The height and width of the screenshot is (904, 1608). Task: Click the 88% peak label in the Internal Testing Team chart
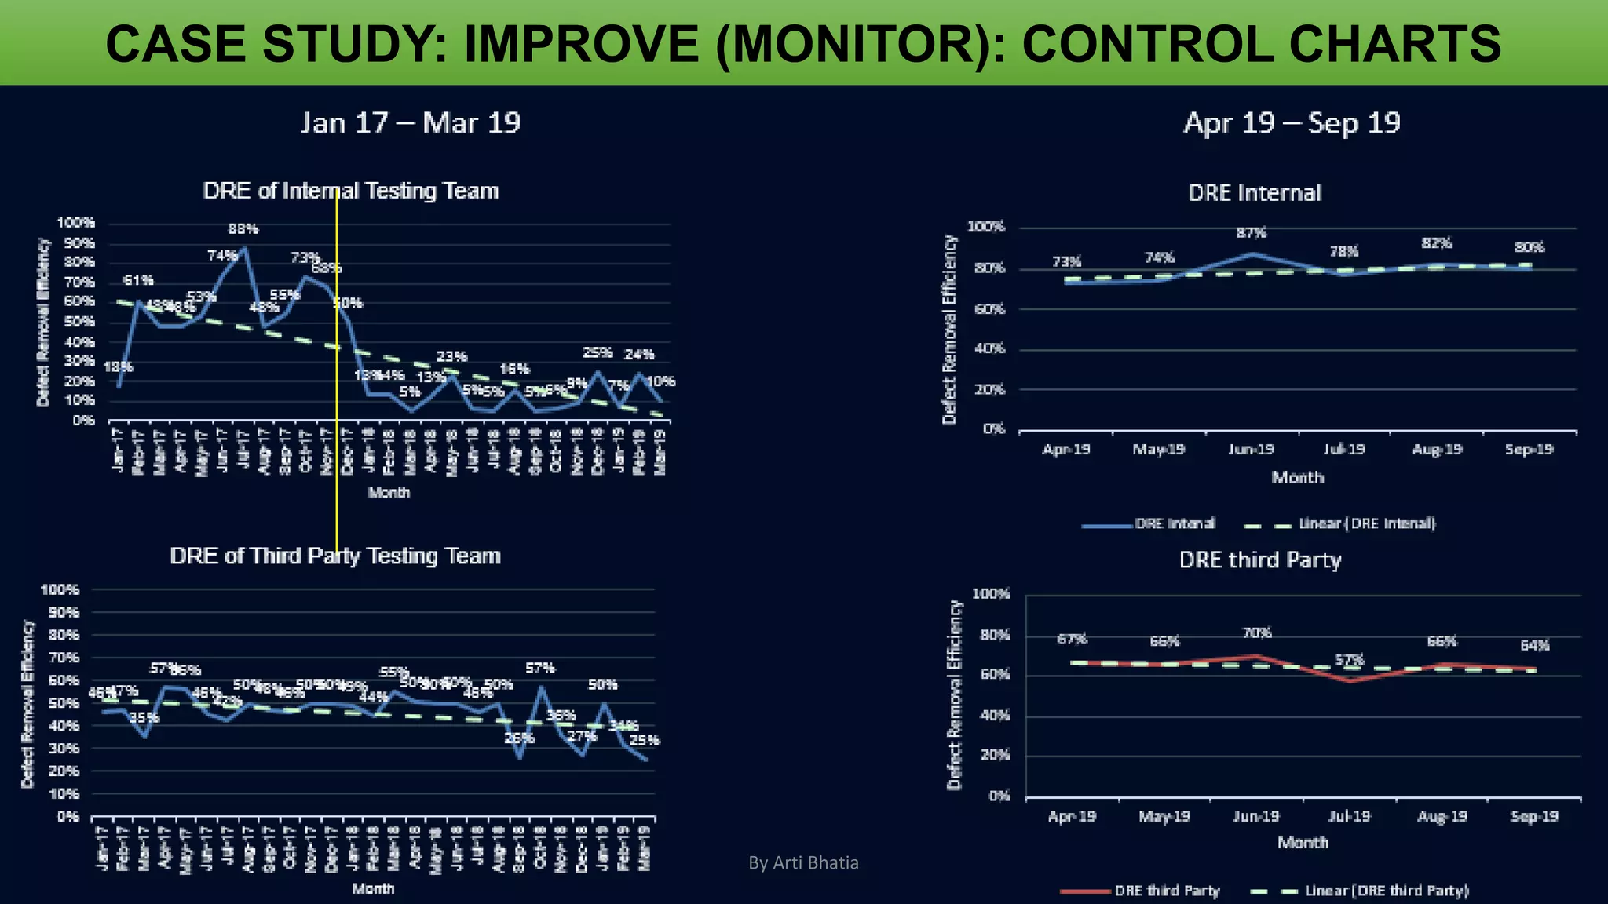(243, 229)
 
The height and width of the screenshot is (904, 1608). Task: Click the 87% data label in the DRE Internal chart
(1251, 233)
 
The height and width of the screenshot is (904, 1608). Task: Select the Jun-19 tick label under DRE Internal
(1251, 450)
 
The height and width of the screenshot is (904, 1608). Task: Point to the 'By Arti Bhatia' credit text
(803, 863)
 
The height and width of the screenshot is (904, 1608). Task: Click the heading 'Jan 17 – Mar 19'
(410, 123)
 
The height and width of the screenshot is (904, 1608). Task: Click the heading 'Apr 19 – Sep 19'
(1292, 123)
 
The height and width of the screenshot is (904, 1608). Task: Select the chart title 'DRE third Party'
(1259, 560)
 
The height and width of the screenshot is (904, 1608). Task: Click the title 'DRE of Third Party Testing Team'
(335, 556)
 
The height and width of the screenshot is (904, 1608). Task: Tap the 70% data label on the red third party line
(1256, 632)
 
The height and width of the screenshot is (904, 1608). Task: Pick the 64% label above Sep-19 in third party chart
(1534, 646)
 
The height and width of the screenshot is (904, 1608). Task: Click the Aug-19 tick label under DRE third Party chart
(1442, 817)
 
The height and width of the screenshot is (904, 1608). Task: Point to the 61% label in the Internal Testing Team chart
(138, 280)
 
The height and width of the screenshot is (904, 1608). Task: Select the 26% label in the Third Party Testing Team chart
(519, 738)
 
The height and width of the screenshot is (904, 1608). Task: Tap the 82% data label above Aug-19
(1436, 243)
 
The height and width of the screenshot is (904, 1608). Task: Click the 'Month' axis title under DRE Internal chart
(1297, 478)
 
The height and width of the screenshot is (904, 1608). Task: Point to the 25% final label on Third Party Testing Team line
(645, 740)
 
